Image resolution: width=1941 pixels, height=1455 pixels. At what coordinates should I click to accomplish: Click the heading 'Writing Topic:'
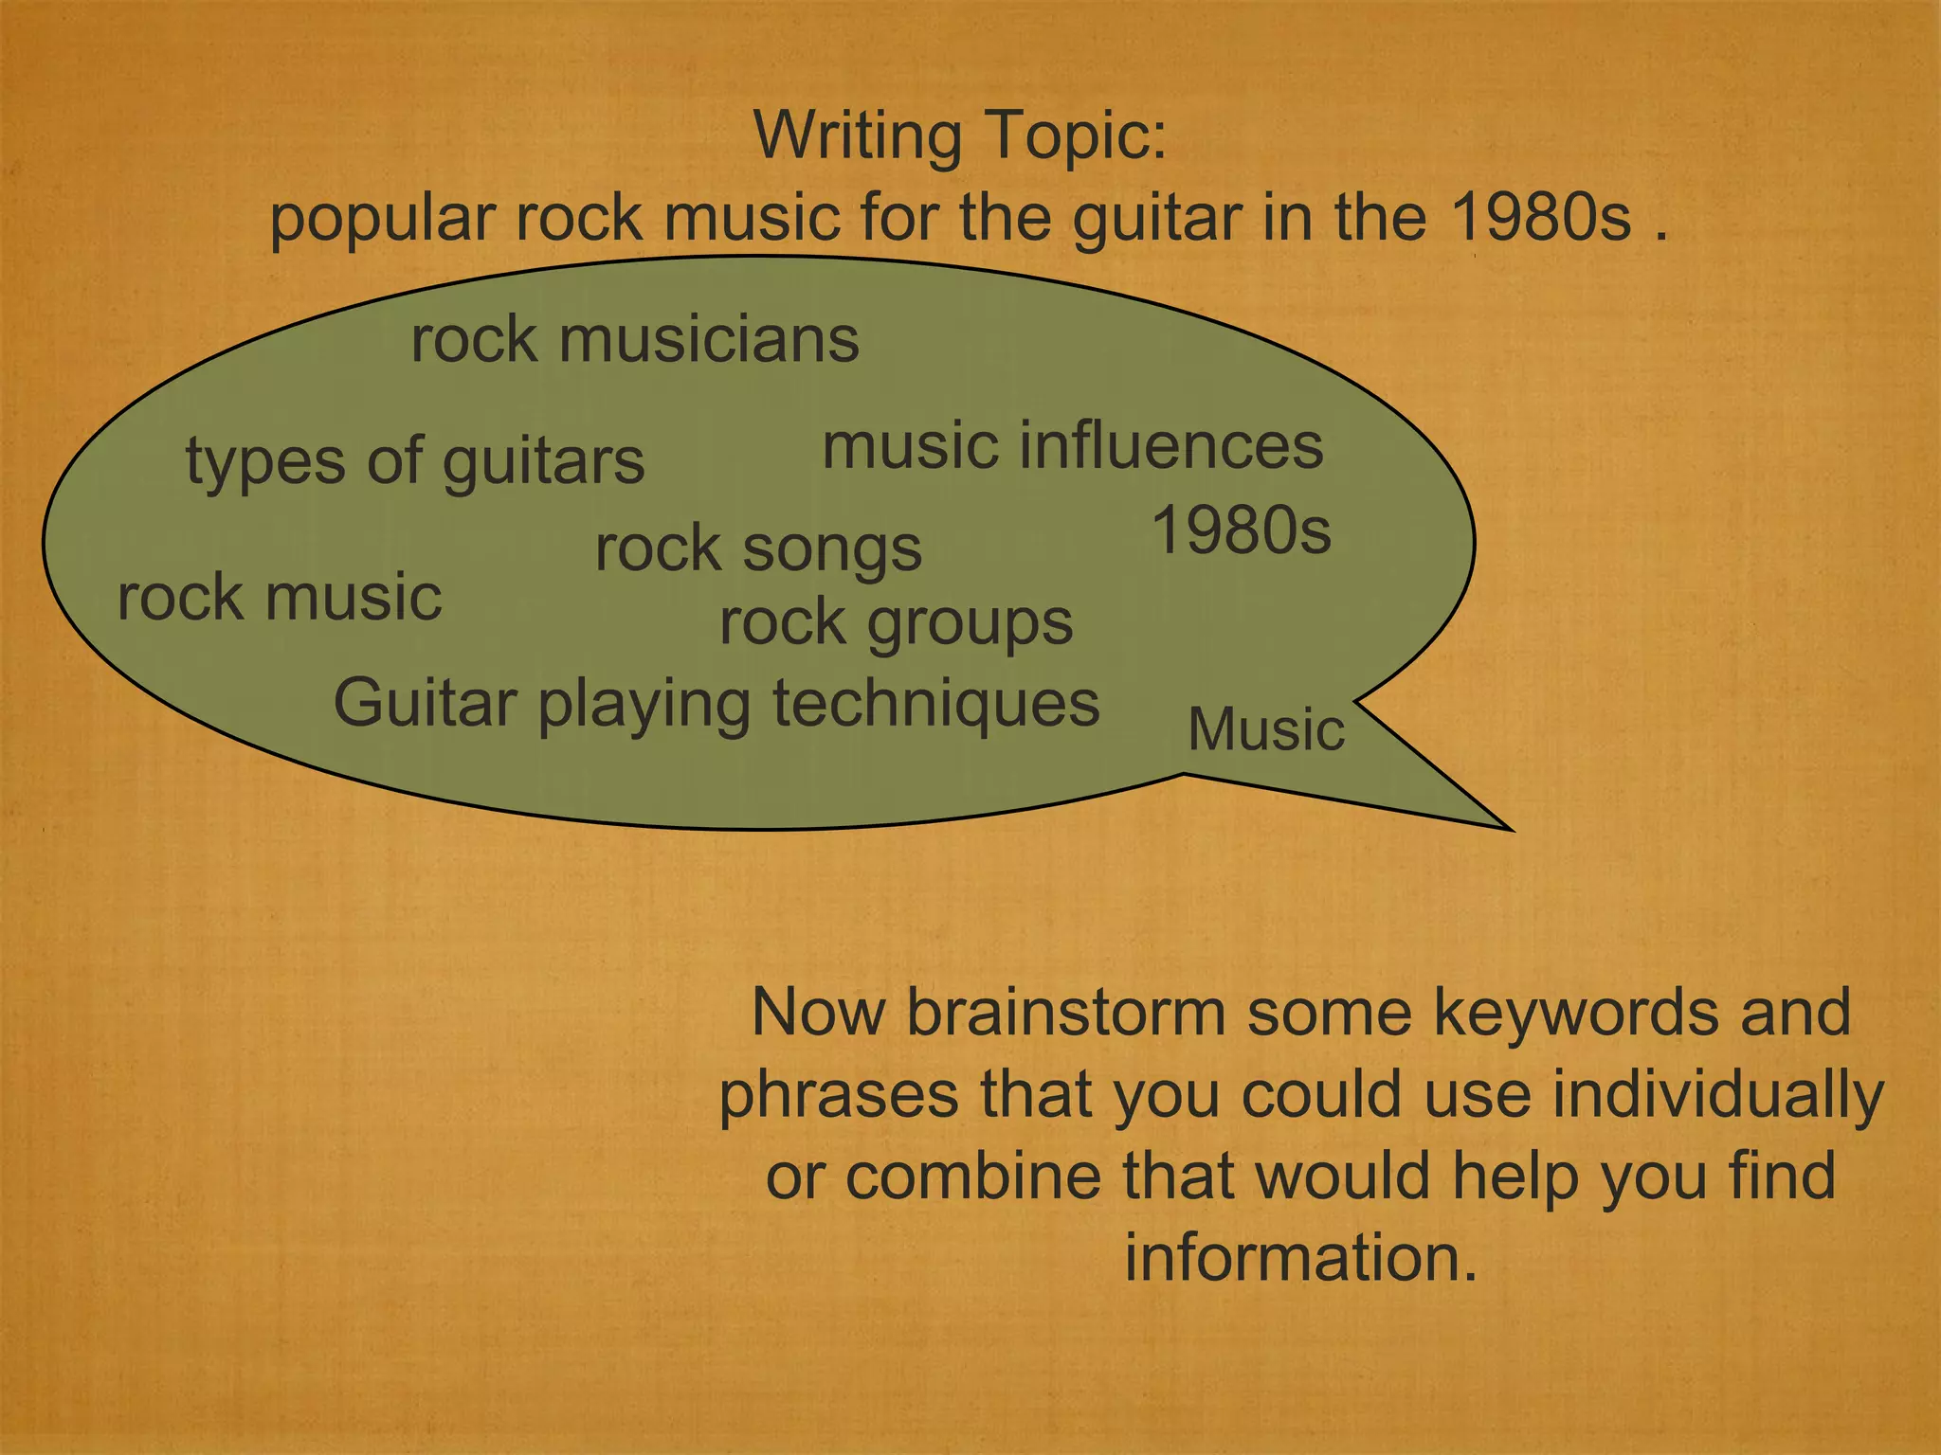pyautogui.click(x=960, y=136)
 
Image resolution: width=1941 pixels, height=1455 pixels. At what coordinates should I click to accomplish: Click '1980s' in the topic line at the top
pyautogui.click(x=1541, y=218)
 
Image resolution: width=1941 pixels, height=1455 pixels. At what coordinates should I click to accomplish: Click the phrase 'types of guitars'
pyautogui.click(x=415, y=462)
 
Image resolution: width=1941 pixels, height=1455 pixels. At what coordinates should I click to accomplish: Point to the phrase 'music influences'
pyautogui.click(x=1072, y=446)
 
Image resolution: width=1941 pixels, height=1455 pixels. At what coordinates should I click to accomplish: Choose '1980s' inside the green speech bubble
pyautogui.click(x=1241, y=530)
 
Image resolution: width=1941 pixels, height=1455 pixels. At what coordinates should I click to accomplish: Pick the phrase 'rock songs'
pyautogui.click(x=758, y=549)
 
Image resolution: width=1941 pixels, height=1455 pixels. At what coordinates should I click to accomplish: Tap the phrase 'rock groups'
pyautogui.click(x=896, y=623)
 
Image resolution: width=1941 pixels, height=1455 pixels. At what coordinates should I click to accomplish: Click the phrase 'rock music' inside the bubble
pyautogui.click(x=280, y=598)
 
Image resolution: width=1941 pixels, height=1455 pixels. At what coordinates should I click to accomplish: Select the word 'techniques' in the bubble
pyautogui.click(x=936, y=703)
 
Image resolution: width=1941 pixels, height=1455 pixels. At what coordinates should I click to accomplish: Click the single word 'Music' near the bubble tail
pyautogui.click(x=1266, y=729)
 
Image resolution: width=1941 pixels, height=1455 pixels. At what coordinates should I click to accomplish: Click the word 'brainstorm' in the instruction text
pyautogui.click(x=1066, y=1012)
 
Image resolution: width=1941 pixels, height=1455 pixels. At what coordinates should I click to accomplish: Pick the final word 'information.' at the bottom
pyautogui.click(x=1300, y=1258)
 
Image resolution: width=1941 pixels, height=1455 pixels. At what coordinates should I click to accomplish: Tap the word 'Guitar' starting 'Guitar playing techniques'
pyautogui.click(x=426, y=703)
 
